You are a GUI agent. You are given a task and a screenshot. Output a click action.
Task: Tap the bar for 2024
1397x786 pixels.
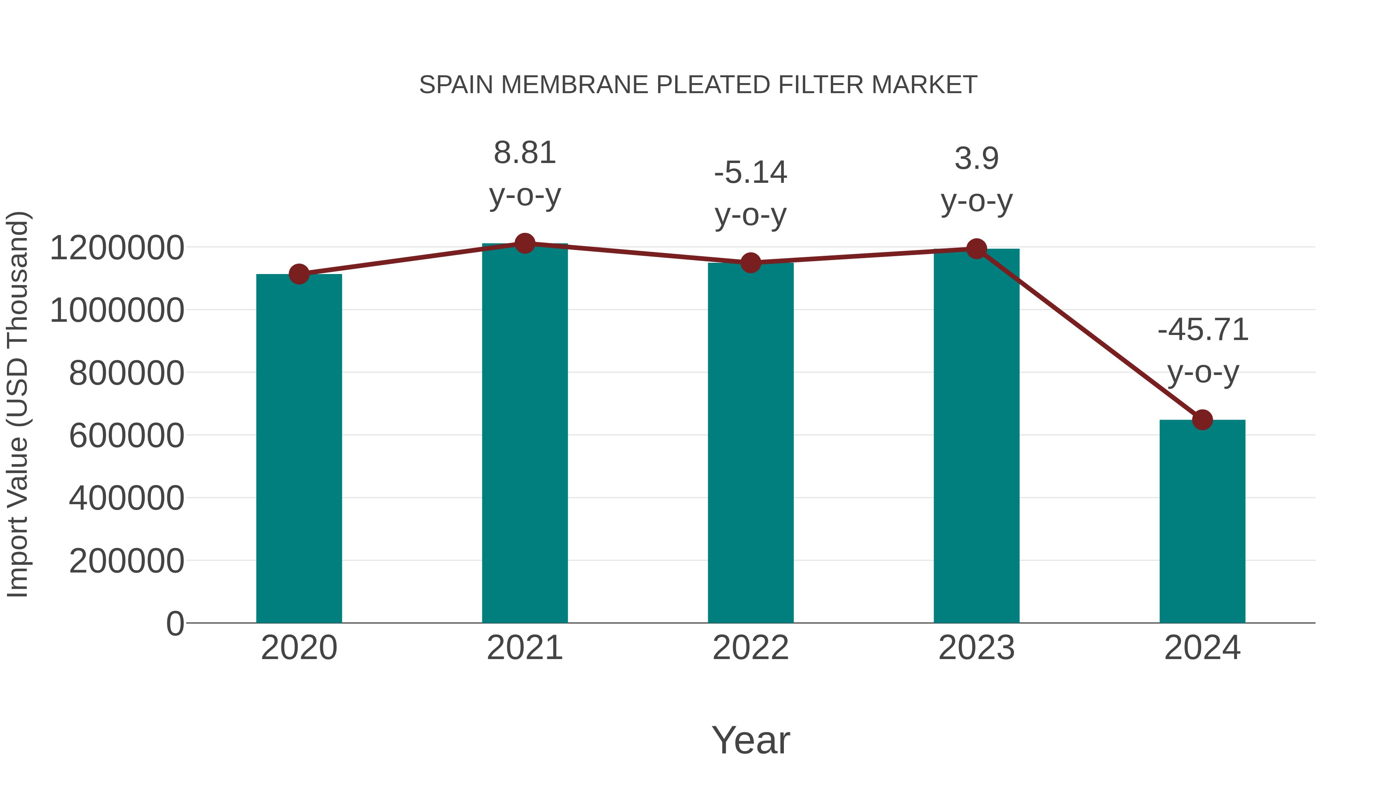pos(1202,521)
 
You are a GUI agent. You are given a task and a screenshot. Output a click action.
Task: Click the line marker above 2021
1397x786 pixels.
pos(524,243)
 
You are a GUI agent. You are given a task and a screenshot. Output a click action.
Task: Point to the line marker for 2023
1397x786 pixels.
pos(976,249)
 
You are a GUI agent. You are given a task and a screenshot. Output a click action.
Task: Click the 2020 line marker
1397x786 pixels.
pos(299,274)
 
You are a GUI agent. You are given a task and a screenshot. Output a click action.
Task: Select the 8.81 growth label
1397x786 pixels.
pos(524,153)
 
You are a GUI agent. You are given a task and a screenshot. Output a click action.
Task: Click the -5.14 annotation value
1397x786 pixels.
pos(750,173)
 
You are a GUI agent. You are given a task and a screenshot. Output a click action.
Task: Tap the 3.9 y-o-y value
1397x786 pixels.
pos(976,159)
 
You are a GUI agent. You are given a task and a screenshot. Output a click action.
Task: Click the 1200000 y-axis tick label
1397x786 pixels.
pos(116,248)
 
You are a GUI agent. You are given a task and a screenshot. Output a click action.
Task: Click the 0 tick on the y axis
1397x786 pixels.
pos(175,623)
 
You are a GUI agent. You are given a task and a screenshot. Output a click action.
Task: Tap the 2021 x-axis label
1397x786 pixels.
pos(524,648)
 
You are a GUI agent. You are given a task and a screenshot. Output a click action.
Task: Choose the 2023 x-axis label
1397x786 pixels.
pos(976,648)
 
